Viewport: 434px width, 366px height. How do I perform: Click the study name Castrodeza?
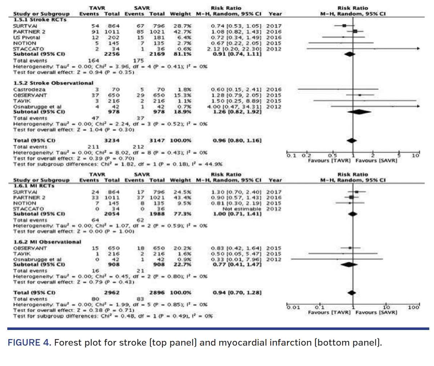pyautogui.click(x=24, y=89)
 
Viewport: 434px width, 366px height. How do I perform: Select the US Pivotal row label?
pyautogui.click(x=25, y=37)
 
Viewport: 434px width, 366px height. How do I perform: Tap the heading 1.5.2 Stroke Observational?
pyautogui.click(x=53, y=83)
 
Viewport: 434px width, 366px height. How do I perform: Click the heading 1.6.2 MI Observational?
pyautogui.click(x=47, y=242)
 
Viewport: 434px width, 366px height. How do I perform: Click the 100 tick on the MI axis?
pyautogui.click(x=414, y=308)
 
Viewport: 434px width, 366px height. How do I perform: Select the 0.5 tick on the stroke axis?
pyautogui.click(x=333, y=156)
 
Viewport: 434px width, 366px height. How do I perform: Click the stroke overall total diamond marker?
pyautogui.click(x=351, y=140)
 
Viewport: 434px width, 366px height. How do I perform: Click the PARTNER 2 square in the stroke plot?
pyautogui.click(x=355, y=32)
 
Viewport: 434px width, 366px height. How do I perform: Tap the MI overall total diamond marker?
pyautogui.click(x=351, y=293)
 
